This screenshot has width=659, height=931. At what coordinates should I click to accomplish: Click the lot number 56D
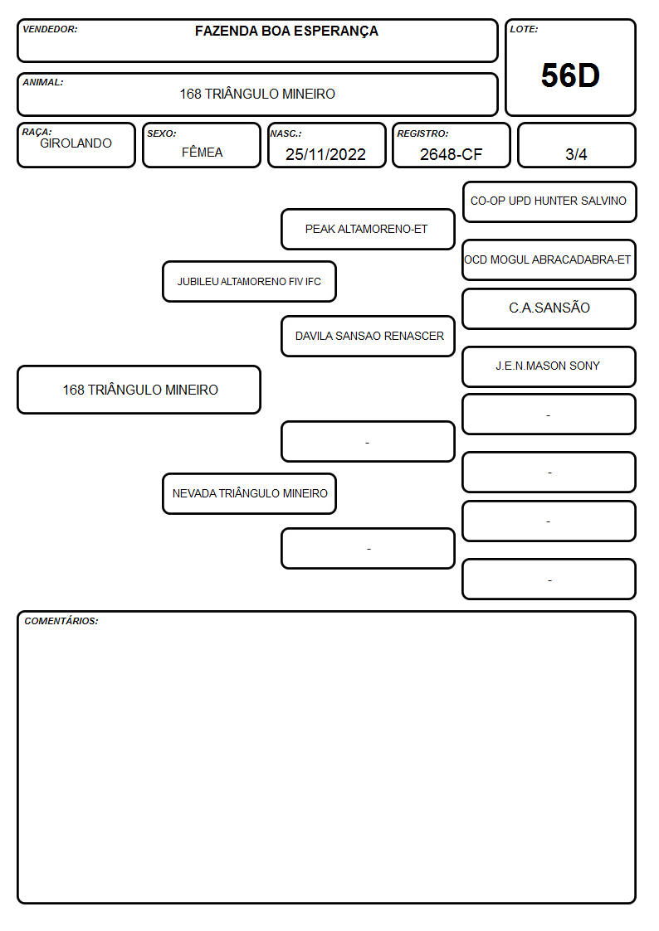tap(570, 75)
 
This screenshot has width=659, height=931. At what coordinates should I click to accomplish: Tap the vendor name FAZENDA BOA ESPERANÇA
tap(286, 32)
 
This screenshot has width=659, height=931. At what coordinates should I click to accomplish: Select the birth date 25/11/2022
tap(325, 154)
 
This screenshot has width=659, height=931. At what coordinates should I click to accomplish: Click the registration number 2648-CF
tap(451, 154)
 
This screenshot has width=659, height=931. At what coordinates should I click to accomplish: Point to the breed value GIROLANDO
tap(76, 143)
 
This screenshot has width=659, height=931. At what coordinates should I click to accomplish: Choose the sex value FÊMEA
tap(202, 152)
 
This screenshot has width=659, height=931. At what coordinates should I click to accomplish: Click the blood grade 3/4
tap(576, 154)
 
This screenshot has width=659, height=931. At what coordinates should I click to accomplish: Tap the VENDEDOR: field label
tap(50, 29)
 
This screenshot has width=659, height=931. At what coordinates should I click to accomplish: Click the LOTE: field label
tap(524, 29)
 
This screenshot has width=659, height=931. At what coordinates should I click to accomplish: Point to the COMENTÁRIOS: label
tap(61, 621)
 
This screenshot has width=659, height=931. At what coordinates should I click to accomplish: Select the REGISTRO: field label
tap(422, 133)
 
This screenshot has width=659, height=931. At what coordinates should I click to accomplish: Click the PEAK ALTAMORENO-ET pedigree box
tap(368, 229)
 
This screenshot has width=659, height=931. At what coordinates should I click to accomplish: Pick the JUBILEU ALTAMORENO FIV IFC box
tap(250, 281)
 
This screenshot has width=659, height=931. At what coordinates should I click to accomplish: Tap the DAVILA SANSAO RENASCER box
tap(368, 336)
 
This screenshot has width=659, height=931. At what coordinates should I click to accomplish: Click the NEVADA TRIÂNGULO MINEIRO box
tap(250, 493)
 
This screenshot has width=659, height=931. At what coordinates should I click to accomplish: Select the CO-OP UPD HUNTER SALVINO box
tap(549, 202)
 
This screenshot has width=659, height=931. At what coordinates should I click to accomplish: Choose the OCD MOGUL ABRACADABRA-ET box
tap(549, 260)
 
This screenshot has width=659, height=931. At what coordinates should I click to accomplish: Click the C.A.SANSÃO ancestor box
tap(549, 308)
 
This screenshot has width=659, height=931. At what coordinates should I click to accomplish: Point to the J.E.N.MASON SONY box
tap(549, 366)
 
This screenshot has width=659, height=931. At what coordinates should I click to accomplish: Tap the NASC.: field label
tap(286, 133)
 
